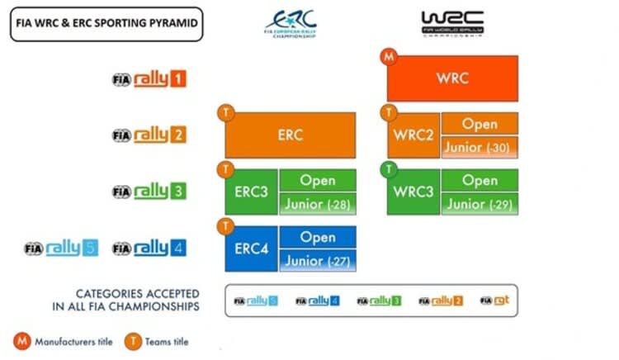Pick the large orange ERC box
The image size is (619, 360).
coord(291,135)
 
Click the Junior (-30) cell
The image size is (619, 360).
coord(480,147)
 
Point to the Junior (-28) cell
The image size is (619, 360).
coord(318,204)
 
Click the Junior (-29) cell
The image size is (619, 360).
coord(480,204)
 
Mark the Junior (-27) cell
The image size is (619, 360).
coord(318,260)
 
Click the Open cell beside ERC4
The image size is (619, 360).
coord(318,237)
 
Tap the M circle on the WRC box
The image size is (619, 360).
coord(389,58)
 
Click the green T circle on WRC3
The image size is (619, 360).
coord(389,170)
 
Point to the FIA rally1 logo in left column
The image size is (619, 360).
coord(149,79)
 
